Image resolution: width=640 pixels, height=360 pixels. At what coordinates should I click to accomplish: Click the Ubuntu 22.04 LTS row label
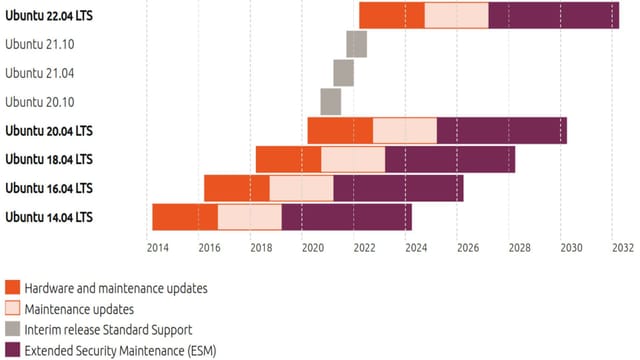tap(49, 16)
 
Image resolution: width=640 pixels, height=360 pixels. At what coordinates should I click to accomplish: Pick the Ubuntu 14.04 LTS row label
tap(49, 217)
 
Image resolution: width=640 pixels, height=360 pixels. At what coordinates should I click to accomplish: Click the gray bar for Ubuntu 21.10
tap(356, 45)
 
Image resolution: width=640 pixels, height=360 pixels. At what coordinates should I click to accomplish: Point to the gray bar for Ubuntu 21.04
tap(343, 73)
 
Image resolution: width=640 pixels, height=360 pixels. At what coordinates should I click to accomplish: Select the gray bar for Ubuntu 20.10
tap(331, 102)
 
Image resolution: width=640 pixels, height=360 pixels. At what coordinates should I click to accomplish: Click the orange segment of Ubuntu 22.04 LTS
tap(391, 16)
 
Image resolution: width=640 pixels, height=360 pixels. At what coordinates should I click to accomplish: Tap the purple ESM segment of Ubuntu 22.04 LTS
tap(553, 16)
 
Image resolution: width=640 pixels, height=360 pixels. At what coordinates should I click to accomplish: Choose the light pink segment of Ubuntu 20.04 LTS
tap(404, 131)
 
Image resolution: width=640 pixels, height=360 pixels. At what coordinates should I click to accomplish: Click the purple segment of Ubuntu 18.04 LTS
tap(449, 160)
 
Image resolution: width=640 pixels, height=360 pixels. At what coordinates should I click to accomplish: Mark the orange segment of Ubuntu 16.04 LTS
tap(236, 188)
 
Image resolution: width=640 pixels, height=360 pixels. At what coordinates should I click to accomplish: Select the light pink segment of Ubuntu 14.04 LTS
tap(249, 217)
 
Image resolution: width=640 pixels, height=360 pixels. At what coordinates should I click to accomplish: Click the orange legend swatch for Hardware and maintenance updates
tap(13, 288)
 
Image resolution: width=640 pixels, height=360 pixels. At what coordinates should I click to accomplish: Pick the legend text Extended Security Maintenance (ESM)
tap(120, 351)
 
